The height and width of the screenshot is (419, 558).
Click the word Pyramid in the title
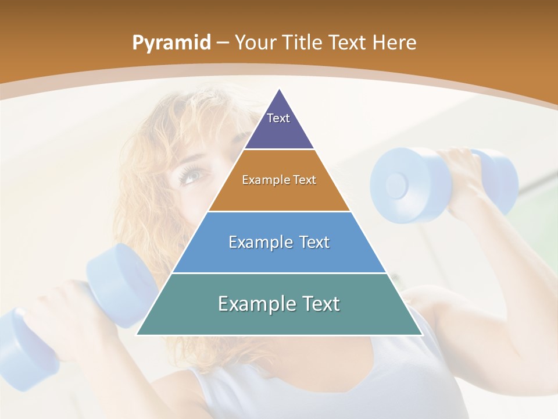point(171,43)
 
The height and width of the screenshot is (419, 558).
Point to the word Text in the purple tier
point(278,118)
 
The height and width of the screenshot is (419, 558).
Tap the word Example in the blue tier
point(255,242)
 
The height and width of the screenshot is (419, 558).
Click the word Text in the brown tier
point(304,180)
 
